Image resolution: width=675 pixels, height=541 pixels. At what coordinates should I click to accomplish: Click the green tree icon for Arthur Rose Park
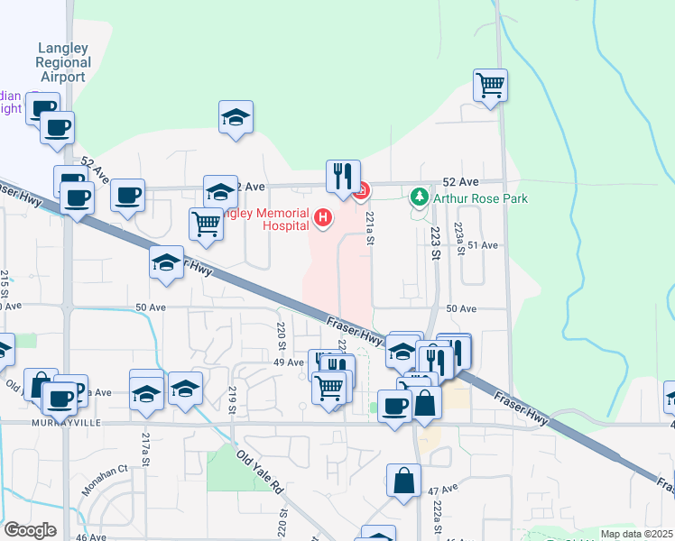point(419,197)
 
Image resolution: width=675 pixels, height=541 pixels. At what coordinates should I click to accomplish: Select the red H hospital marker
point(322,217)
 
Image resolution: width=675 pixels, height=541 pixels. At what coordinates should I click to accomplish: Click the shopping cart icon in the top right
point(490,86)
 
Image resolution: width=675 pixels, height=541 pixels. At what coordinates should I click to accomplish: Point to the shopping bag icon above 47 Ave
point(404,480)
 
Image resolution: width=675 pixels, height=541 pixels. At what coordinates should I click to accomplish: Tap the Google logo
point(31,529)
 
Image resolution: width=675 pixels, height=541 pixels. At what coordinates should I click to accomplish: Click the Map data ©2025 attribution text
point(635,534)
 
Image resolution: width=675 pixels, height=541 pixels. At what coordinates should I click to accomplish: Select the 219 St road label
point(232,398)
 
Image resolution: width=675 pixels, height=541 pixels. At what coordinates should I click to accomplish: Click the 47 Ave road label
point(439,491)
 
